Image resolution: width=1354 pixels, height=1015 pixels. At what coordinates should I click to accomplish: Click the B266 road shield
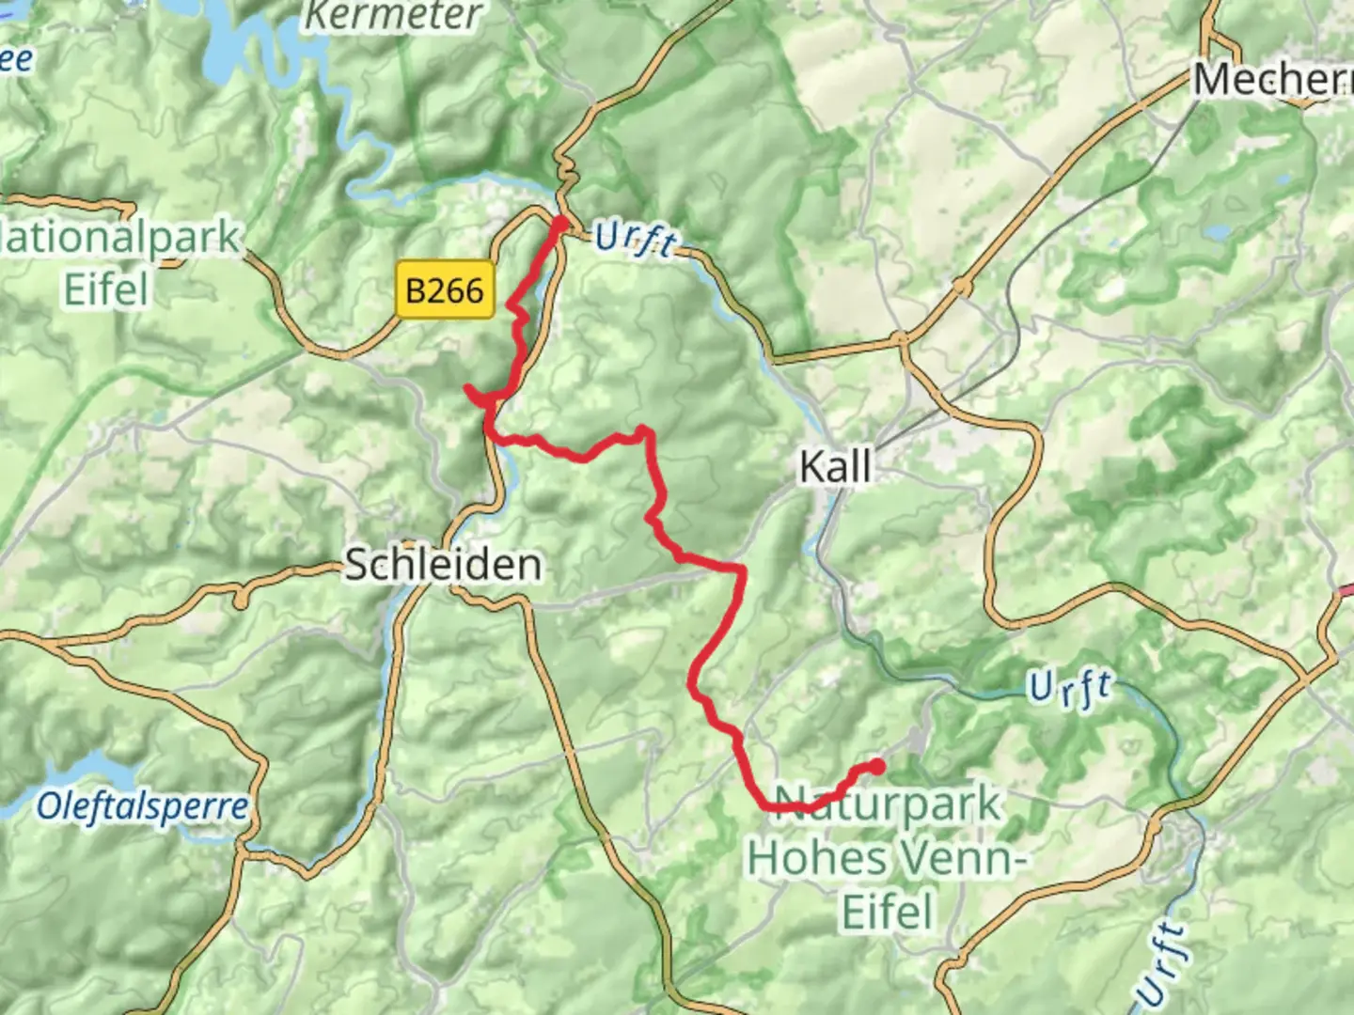pos(445,290)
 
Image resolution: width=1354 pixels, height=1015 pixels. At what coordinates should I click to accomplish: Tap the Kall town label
pos(835,466)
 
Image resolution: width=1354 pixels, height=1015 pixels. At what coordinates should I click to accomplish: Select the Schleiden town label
pos(443,565)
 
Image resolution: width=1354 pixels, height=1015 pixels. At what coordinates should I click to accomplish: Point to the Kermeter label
pos(395,16)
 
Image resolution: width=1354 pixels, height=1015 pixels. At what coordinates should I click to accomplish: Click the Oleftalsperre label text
pos(143,806)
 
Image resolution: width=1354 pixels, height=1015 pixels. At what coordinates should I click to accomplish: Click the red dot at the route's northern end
pos(559,224)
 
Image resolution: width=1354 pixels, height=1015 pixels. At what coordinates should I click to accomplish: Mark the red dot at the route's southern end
pos(876,767)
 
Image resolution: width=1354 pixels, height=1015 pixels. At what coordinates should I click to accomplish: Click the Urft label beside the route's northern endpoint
pos(636,240)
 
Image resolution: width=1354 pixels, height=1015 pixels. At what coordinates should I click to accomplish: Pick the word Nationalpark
pos(120,238)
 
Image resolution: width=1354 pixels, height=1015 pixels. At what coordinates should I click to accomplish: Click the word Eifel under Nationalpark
pos(106,289)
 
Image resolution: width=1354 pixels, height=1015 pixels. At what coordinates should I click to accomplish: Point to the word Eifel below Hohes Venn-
pos(888,912)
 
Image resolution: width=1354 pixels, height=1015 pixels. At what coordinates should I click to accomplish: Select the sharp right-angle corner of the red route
pos(743,569)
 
